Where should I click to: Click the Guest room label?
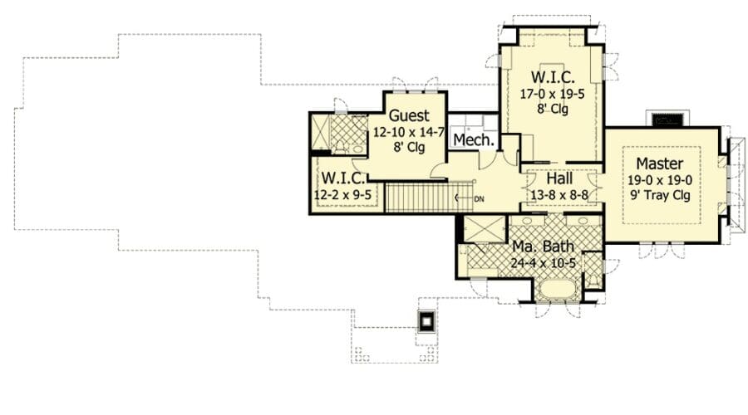click(x=409, y=115)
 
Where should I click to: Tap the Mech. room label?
click(x=473, y=139)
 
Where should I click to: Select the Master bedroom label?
click(x=660, y=164)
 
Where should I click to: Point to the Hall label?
click(x=559, y=178)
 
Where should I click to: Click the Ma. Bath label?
click(x=543, y=247)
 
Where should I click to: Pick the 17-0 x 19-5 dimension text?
click(x=552, y=94)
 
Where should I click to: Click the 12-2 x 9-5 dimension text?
click(x=342, y=194)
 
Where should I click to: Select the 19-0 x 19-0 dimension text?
click(x=660, y=180)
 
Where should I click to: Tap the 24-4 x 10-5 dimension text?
click(x=543, y=262)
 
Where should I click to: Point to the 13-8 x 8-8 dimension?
click(x=559, y=194)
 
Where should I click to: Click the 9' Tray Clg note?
click(x=660, y=195)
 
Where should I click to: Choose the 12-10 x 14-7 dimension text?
click(x=409, y=132)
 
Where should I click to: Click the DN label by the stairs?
click(x=479, y=199)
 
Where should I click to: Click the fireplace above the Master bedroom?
click(x=667, y=119)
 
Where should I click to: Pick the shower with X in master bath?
click(x=485, y=229)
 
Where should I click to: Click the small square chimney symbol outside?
click(x=426, y=321)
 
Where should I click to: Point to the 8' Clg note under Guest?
click(x=409, y=148)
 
